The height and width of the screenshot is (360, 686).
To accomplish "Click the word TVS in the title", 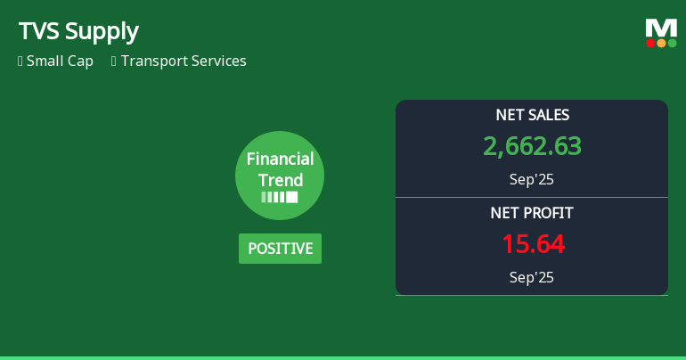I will [x=38, y=31].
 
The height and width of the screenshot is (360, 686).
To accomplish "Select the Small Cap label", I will [x=60, y=61].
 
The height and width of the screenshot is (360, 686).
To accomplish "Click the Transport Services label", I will [x=184, y=61].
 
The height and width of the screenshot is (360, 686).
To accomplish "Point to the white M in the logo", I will [x=661, y=29].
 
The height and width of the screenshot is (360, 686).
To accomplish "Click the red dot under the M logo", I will [x=650, y=43].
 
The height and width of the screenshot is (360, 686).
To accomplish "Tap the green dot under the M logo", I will [x=672, y=43].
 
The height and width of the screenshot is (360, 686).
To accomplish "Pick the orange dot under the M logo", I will [x=661, y=43].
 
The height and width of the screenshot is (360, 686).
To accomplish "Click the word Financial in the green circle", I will [x=280, y=160].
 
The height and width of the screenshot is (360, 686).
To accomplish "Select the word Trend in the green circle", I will [x=280, y=180].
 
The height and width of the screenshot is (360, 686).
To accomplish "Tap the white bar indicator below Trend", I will [x=280, y=197].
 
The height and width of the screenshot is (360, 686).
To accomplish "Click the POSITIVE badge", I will [x=280, y=249].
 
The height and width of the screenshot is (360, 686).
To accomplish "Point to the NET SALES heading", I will [x=532, y=115].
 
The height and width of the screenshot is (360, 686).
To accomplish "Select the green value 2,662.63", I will [x=532, y=146].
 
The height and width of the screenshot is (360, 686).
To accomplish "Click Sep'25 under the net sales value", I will [x=532, y=179].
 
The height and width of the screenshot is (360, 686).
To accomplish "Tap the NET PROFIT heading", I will [x=532, y=213].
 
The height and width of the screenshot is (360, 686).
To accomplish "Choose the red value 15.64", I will [x=532, y=244].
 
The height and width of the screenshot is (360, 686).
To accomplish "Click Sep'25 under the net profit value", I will [x=532, y=277].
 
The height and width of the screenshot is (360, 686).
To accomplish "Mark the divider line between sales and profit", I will [x=532, y=197].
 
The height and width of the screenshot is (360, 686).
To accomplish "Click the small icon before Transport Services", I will [x=114, y=61].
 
